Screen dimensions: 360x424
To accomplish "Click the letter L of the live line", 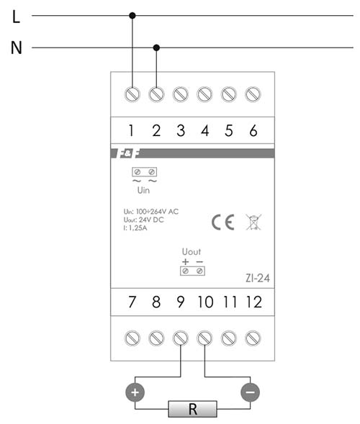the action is pos(17,17).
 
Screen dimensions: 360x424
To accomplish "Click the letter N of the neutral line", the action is pos(17,48).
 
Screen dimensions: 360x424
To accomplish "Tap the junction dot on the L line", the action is pos(132,15).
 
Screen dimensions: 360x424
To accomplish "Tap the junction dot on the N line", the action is pos(156,48).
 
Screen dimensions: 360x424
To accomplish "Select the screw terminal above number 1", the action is pos(132,94).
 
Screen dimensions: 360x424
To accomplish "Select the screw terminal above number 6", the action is pos(253,94).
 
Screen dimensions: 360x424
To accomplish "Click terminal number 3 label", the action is pos(181,130).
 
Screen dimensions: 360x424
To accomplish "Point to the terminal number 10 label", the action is pos(205,302).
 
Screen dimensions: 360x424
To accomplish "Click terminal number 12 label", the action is pos(254,302).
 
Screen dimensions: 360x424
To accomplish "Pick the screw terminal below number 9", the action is pos(181,338).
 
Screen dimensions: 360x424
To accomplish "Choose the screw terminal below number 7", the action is pos(132,338).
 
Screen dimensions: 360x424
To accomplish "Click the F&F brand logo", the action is pos(129,153).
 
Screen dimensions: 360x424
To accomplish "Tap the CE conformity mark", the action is pos(223,222).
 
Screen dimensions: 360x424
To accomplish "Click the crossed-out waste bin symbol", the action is pos(253,222).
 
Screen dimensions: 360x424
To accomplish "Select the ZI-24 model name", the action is pos(258,278).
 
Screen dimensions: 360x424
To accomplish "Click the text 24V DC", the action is pos(151,220).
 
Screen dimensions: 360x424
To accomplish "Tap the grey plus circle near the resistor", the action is pos(135,392).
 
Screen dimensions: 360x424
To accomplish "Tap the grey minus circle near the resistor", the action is pos(250,392).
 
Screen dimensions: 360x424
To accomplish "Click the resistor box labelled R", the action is pos(192,409).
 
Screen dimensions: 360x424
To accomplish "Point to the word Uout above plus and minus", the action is pos(192,252).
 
